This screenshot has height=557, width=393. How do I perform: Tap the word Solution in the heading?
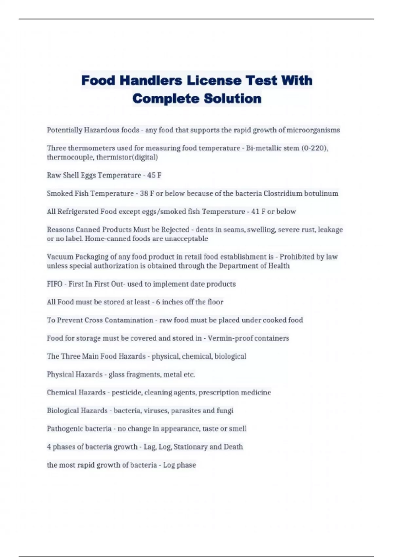coord(233,98)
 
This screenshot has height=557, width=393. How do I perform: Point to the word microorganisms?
coord(313,130)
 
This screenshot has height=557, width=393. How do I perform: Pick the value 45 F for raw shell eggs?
coord(154,175)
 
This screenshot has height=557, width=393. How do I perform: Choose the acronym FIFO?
coord(54,284)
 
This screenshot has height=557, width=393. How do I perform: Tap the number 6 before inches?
coord(158,302)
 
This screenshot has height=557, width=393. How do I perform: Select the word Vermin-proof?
coord(226,338)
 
